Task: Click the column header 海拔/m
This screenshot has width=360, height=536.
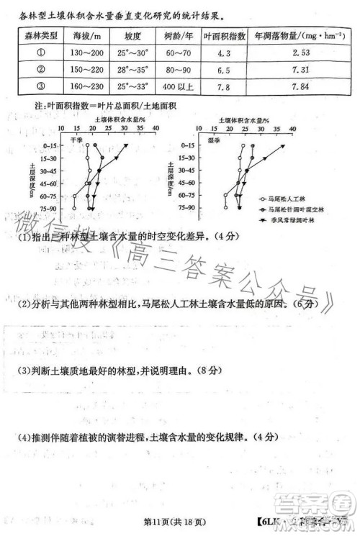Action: pos(87,35)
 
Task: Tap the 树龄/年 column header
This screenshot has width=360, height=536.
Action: pos(179,35)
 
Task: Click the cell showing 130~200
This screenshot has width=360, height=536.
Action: pos(87,53)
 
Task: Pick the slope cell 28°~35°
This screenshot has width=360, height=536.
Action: pos(133,70)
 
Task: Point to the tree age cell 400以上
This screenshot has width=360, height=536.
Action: pos(179,87)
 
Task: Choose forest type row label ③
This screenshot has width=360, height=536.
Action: pos(40,87)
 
